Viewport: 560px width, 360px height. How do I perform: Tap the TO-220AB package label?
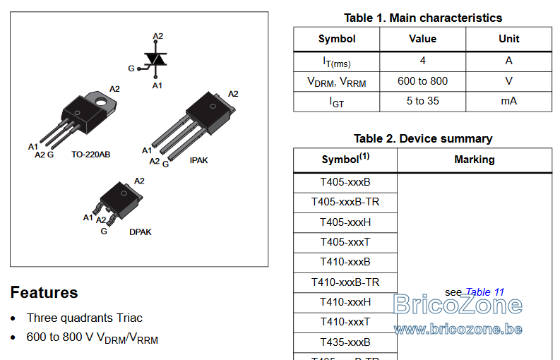(x=90, y=155)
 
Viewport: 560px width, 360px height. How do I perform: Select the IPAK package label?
(x=198, y=160)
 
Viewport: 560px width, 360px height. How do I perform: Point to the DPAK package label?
(x=141, y=232)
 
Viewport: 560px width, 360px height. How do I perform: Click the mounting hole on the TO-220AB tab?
(x=101, y=102)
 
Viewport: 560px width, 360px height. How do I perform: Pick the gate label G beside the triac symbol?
(x=131, y=68)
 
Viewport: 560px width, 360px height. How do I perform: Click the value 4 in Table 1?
(x=422, y=61)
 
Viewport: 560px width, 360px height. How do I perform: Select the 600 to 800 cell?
(x=422, y=81)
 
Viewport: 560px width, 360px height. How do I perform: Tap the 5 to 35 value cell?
(x=422, y=101)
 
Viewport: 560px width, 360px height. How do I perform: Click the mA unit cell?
(x=509, y=101)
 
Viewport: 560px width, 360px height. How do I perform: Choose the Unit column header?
(x=509, y=39)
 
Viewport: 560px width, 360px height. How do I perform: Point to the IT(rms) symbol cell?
(x=337, y=62)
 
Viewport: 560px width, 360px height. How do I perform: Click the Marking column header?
(x=475, y=160)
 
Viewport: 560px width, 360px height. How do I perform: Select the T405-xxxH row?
(x=345, y=222)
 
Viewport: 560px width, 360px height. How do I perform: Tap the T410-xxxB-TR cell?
(x=345, y=282)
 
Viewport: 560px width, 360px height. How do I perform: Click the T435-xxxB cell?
(x=345, y=342)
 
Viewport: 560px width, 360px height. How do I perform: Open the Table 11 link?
(x=485, y=292)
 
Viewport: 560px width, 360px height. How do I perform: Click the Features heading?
(x=44, y=292)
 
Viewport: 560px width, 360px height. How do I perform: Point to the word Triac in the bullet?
(x=129, y=318)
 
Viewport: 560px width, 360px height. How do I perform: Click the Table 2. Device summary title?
(x=423, y=138)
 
